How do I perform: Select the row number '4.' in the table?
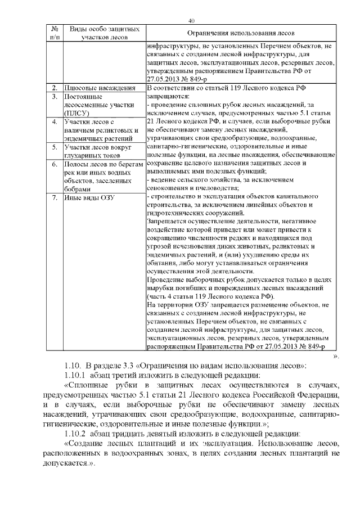(x=55, y=121)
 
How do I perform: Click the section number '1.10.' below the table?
(x=74, y=366)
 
